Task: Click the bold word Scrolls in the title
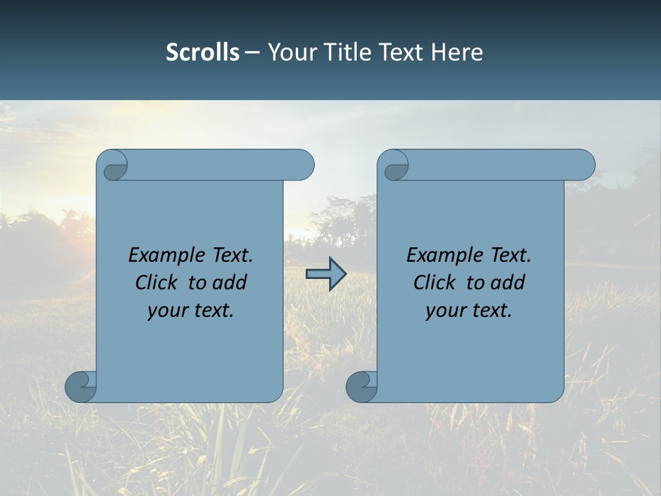(202, 52)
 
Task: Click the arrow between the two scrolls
(326, 274)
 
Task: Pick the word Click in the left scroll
(157, 282)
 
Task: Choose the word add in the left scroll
(231, 282)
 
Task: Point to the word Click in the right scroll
(434, 282)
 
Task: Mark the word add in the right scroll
(509, 282)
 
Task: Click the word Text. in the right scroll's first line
(510, 255)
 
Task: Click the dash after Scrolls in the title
(253, 52)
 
